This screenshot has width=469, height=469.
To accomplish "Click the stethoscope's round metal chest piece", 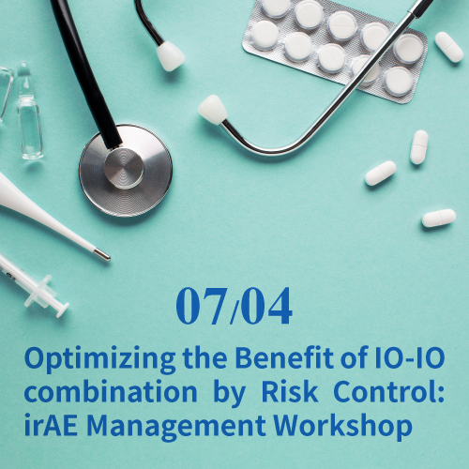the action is click(x=126, y=171).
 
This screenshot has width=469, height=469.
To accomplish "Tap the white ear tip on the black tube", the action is click(x=170, y=56).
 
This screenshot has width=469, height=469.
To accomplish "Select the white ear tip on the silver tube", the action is click(x=213, y=110).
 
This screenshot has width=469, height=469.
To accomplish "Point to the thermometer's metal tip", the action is click(x=102, y=254).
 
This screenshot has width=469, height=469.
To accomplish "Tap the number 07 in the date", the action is click(x=201, y=306).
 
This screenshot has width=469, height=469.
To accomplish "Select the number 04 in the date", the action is click(x=266, y=306).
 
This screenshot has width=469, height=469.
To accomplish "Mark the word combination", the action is click(x=111, y=391).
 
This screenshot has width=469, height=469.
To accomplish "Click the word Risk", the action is click(x=290, y=391).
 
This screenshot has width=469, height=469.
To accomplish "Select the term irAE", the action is click(x=51, y=425).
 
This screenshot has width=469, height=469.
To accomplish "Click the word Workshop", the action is click(x=343, y=427).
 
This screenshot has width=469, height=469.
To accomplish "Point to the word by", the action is click(x=229, y=393).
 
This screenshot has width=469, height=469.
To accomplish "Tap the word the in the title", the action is click(x=204, y=357).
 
